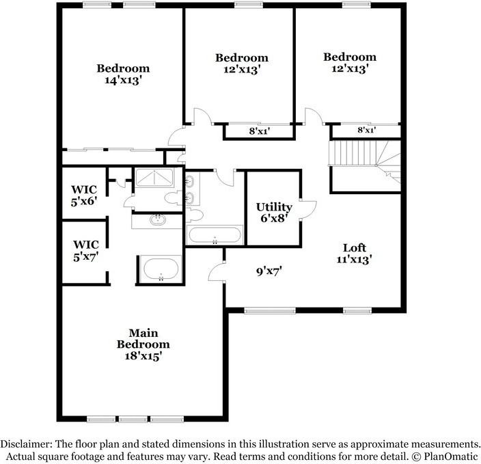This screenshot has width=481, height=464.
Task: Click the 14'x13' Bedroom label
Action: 123,74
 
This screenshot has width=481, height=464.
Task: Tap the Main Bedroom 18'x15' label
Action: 143,345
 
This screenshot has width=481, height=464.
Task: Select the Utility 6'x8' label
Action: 274,212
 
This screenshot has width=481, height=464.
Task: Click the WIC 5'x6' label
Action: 85,195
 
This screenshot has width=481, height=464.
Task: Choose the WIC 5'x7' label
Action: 86,250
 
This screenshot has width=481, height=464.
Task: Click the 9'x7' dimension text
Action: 269,271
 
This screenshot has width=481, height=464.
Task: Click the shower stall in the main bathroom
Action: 155,178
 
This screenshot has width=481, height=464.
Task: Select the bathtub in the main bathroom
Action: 159,269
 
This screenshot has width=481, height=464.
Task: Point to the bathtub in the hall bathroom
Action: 215,236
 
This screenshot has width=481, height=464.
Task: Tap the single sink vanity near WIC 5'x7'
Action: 158,220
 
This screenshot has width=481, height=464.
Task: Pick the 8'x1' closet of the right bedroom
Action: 366,130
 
